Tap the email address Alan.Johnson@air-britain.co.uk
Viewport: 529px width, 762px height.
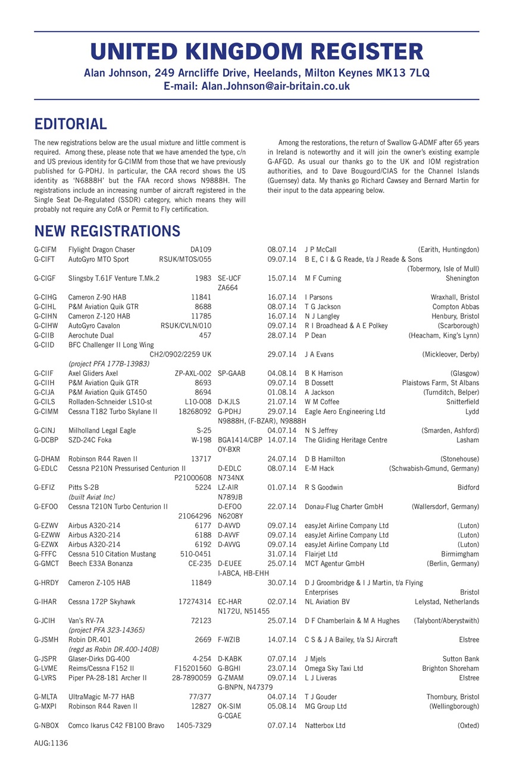click(276, 86)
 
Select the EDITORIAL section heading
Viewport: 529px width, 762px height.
click(70, 124)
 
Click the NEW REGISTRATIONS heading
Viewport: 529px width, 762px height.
click(107, 230)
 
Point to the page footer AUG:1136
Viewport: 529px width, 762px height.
click(51, 743)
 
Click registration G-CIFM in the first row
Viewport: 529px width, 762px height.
click(45, 249)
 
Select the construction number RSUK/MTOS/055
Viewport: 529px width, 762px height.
click(185, 259)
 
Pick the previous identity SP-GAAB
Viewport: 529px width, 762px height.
click(231, 373)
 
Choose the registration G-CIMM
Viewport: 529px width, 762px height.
click(46, 411)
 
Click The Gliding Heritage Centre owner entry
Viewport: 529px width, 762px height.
click(346, 440)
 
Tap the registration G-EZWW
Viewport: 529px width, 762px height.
click(46, 535)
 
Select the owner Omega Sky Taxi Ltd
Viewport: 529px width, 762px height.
click(333, 669)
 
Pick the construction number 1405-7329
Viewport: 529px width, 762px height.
click(193, 726)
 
